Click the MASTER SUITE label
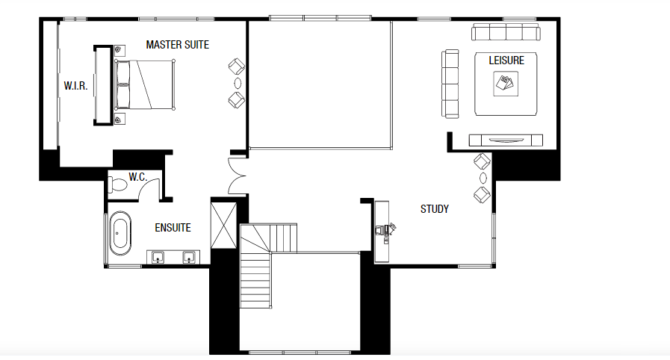[x=177, y=45]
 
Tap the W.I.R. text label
[x=75, y=86]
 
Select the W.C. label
[x=137, y=177]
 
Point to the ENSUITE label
[x=173, y=228]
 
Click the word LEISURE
[x=506, y=60]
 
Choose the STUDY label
[x=434, y=209]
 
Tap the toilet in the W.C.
[x=120, y=184]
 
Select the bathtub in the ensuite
[x=120, y=232]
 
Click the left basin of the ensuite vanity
[x=158, y=258]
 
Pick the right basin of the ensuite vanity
[x=189, y=258]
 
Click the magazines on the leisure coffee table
[x=506, y=83]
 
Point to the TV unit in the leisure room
[x=505, y=139]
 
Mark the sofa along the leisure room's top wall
[x=506, y=31]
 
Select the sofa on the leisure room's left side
[x=450, y=83]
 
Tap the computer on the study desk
[x=386, y=229]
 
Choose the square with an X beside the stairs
[x=224, y=224]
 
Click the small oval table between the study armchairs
[x=483, y=177]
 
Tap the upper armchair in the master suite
[x=236, y=66]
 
